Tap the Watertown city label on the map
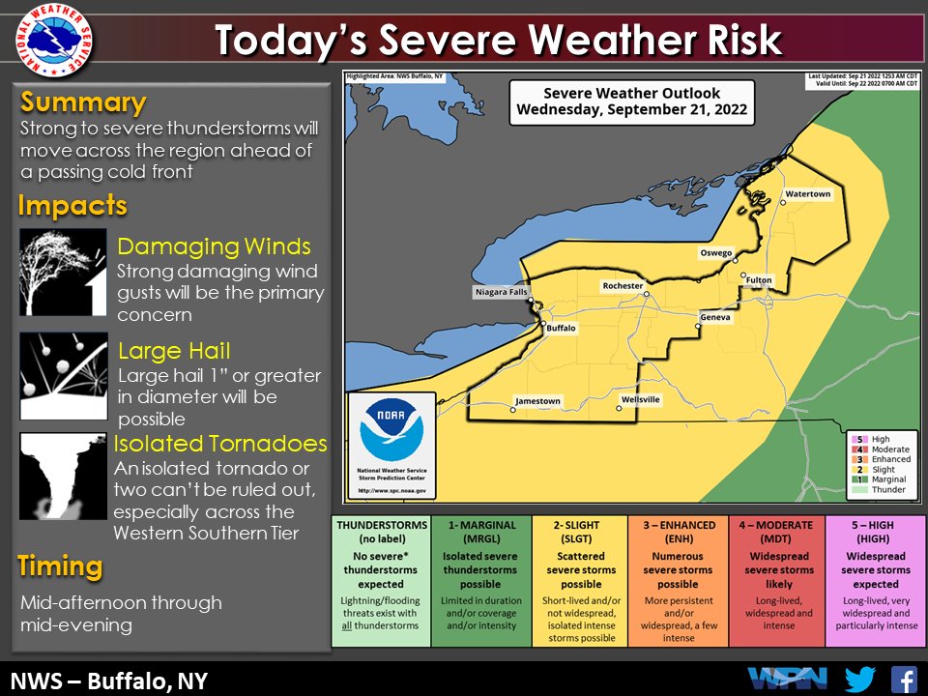[807, 194]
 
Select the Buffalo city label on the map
[561, 329]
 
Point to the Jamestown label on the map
[537, 401]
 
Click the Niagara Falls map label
[500, 292]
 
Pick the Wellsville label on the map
[641, 399]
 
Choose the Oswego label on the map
[716, 253]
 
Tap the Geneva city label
[715, 317]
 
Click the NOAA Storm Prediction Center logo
[391, 446]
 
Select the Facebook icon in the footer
[903, 679]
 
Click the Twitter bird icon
[858, 679]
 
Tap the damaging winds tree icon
[63, 273]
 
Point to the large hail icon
[63, 376]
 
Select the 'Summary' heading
[83, 102]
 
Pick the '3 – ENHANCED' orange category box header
[678, 531]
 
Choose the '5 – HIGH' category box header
[875, 531]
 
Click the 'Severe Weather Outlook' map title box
[632, 101]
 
